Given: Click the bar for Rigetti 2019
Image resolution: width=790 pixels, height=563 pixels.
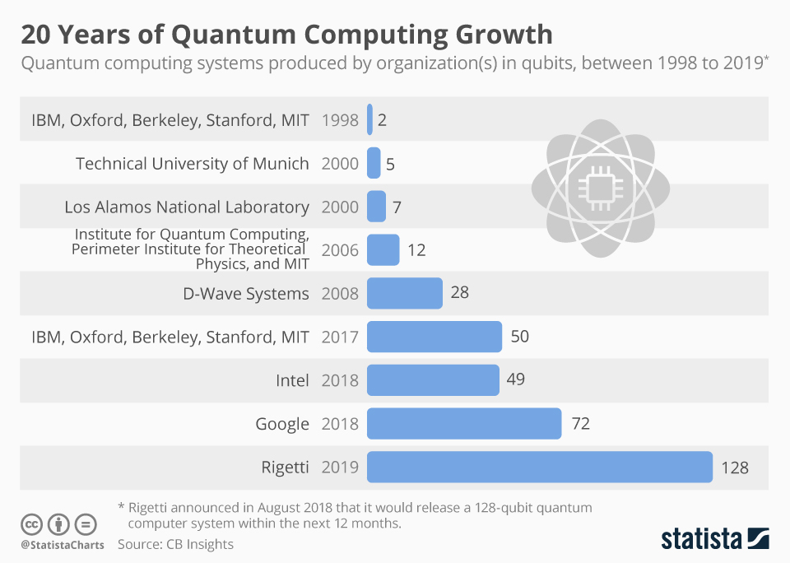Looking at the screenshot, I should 539,467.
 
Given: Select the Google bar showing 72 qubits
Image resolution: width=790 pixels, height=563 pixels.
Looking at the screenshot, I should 464,424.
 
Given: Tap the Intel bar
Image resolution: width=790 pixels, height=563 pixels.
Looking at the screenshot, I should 433,380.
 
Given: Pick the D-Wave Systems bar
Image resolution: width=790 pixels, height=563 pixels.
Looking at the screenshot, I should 404,293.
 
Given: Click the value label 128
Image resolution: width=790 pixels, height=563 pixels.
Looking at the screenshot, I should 735,468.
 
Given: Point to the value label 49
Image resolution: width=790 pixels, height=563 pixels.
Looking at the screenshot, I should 516,380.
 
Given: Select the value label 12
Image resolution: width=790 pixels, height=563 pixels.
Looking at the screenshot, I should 416,250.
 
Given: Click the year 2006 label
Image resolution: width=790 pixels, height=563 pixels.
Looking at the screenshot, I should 340,250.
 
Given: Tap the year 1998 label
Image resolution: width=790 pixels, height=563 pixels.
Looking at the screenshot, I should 340,120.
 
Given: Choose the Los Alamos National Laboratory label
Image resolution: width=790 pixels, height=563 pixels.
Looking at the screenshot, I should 187,207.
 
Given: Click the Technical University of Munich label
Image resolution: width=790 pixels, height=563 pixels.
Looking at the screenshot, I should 193,164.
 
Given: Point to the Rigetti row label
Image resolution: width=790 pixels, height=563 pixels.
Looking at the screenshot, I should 284,468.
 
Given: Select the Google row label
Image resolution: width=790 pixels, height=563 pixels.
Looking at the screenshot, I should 282,424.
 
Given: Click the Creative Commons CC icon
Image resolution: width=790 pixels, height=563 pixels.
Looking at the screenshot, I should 31,524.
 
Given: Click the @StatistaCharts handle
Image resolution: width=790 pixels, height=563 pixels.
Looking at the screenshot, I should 63,545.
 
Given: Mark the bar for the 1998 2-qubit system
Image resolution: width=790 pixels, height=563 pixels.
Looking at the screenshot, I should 370,119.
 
